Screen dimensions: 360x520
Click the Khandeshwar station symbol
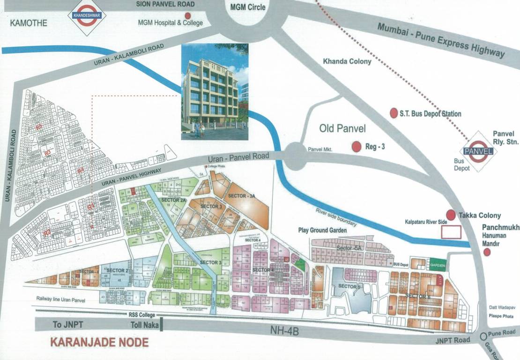[x=87, y=16]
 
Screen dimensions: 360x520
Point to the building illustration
[x=215, y=92]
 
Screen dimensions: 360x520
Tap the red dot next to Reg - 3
[x=357, y=147]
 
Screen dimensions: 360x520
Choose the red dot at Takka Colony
[x=451, y=215]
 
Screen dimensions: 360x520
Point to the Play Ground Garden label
[x=323, y=231]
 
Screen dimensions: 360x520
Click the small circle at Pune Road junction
[x=484, y=336]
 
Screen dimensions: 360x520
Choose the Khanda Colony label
[x=347, y=61]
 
